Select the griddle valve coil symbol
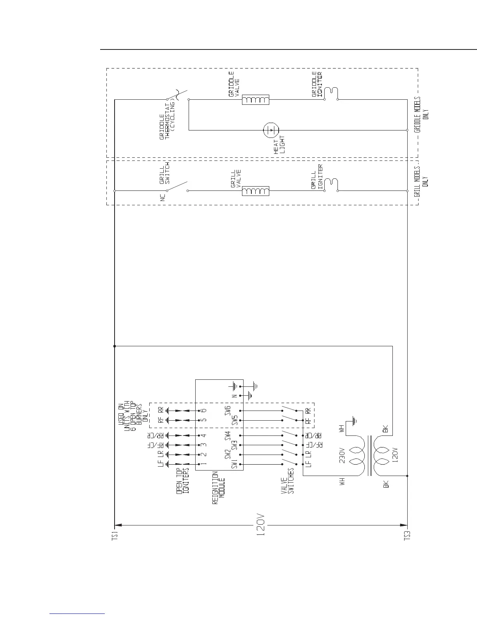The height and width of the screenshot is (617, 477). click(x=256, y=100)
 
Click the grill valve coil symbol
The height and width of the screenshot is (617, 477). click(x=256, y=191)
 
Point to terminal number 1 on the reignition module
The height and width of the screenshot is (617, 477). click(x=203, y=464)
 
